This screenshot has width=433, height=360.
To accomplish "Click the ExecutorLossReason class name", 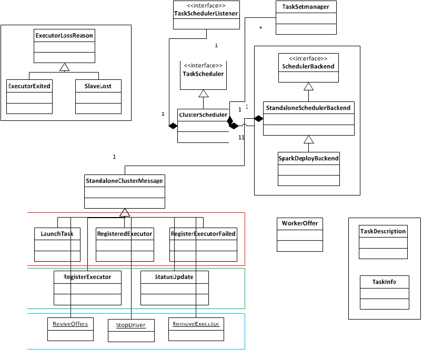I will [64, 36].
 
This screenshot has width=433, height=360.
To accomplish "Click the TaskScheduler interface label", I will [203, 74].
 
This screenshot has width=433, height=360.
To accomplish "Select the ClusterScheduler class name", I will [203, 115].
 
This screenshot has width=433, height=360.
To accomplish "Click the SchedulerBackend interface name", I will [308, 66].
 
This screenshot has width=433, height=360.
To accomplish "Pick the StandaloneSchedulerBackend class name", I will [308, 108].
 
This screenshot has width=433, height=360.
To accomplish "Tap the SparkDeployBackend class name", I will [308, 158].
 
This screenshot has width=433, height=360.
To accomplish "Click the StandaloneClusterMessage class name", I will [124, 181].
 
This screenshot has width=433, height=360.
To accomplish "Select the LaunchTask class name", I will [57, 234].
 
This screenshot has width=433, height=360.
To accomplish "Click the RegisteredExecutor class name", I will [124, 234].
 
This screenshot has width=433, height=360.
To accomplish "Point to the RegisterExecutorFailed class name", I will [203, 234].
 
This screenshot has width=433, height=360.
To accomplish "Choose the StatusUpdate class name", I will [175, 276].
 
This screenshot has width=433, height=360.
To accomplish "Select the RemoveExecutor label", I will [196, 323].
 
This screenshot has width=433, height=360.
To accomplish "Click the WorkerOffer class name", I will [299, 223].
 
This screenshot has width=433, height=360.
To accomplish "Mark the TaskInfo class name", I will [384, 282].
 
